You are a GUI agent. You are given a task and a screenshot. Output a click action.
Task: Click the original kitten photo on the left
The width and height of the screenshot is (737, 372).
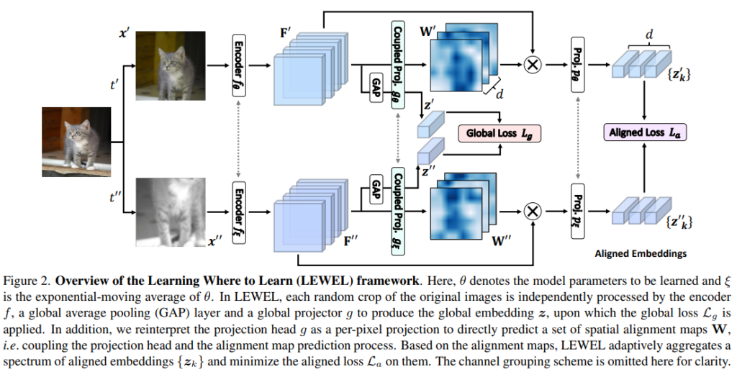tap(76, 141)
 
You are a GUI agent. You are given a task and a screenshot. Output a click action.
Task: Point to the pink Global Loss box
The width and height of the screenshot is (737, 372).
tap(499, 133)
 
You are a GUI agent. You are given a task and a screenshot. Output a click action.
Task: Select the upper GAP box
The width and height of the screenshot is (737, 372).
tap(375, 86)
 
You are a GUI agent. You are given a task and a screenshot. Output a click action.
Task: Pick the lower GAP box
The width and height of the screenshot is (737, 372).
tap(375, 189)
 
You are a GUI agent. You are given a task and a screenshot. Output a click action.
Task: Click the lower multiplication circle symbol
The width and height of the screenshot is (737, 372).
tap(533, 211)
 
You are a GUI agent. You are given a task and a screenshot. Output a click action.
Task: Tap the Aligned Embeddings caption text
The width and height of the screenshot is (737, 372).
tap(641, 254)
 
